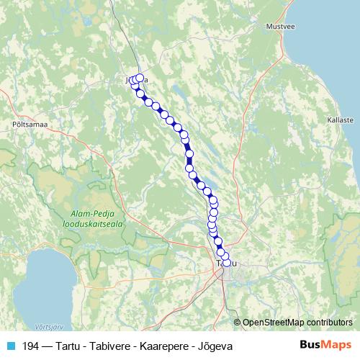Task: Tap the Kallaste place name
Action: pos(339,120)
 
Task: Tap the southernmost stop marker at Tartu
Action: pos(228,263)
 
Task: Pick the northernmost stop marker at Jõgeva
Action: pos(140,78)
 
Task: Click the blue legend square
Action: pos(9,346)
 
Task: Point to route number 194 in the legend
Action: pos(32,346)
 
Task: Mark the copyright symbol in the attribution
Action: pos(237,323)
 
